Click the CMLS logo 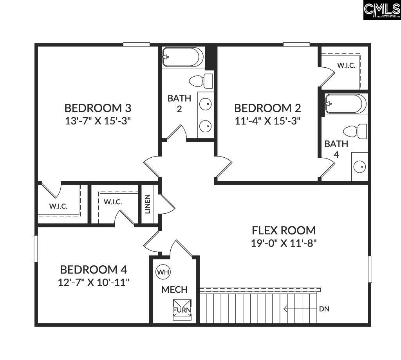click(x=381, y=10)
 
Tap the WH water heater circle click(x=162, y=272)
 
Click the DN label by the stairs click(x=324, y=309)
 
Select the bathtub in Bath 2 click(x=183, y=57)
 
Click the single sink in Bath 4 click(x=359, y=167)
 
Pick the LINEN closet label click(x=148, y=204)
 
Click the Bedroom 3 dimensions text click(x=98, y=121)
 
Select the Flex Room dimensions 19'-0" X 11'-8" click(x=284, y=243)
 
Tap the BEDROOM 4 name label click(x=94, y=270)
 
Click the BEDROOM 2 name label click(x=267, y=108)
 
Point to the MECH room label click(x=174, y=290)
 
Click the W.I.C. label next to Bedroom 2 click(x=346, y=65)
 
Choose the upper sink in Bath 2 click(x=205, y=104)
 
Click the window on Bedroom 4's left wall click(x=36, y=248)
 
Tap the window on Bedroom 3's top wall click(x=136, y=44)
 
